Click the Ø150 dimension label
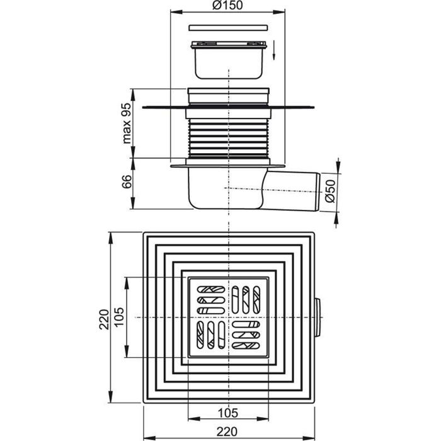pos(227,5)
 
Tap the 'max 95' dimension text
pos(127,123)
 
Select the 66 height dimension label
pos(127,181)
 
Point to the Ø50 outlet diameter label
pos(331,191)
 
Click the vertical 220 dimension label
pos(104,319)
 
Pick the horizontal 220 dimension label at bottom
pos(227,431)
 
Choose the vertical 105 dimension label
pos(119,317)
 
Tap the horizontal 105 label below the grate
pos(228,413)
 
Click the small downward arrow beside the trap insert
pos(273,50)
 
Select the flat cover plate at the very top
pos(228,28)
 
